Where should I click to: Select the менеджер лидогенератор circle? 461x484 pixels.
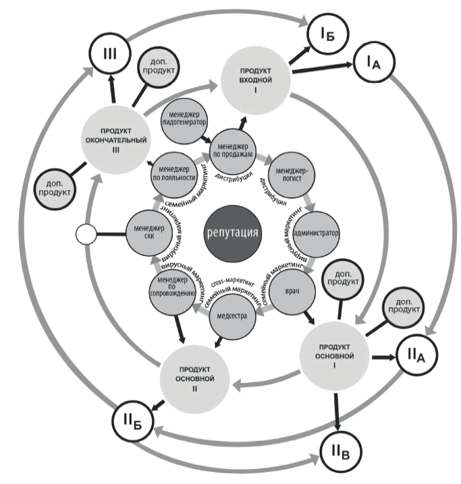click(182, 119)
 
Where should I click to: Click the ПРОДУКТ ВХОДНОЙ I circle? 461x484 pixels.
click(256, 77)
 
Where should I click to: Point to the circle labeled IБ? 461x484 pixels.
click(329, 32)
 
